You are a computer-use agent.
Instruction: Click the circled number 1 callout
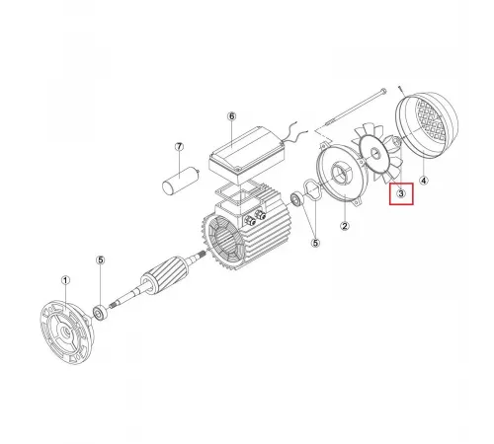[x=66, y=280]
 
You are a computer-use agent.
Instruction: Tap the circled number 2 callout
[x=345, y=226]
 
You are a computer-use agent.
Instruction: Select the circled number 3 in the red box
[x=401, y=193]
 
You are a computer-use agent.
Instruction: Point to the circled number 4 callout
[x=424, y=181]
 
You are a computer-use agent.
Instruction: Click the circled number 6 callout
[x=232, y=116]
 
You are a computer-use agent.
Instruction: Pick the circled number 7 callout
[x=179, y=146]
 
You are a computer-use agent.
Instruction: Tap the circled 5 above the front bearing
[x=101, y=260]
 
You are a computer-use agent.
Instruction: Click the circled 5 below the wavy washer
[x=315, y=243]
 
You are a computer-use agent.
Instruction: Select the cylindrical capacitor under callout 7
[x=181, y=181]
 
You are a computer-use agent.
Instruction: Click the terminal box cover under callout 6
[x=246, y=152]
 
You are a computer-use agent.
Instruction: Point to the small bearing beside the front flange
[x=100, y=312]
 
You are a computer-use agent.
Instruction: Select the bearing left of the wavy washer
[x=297, y=199]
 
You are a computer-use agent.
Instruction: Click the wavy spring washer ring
[x=312, y=190]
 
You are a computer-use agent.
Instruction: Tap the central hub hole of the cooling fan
[x=374, y=153]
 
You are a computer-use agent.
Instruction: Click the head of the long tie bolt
[x=383, y=91]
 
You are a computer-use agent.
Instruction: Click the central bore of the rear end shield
[x=340, y=176]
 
